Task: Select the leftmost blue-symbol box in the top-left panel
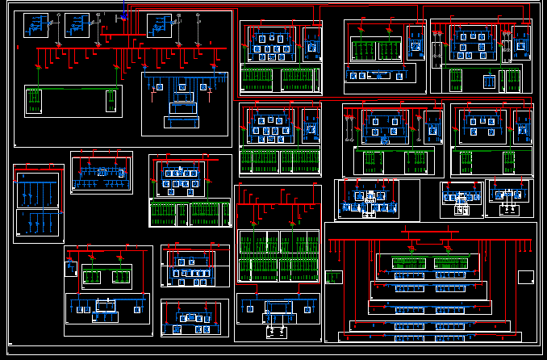point(36,25)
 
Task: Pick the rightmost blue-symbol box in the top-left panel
point(160,24)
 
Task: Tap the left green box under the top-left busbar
point(33,100)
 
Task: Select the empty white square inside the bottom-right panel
point(525,278)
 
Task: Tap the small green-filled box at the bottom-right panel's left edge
point(333,277)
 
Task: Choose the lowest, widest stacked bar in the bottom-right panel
point(432,336)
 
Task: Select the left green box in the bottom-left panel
point(91,277)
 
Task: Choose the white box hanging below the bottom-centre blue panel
point(277,331)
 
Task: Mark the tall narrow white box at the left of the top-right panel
point(436,55)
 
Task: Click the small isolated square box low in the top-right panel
point(489,81)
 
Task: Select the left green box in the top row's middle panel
point(361,49)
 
